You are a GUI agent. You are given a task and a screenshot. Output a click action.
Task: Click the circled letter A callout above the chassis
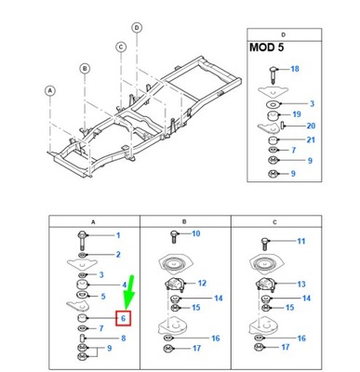tap(50, 90)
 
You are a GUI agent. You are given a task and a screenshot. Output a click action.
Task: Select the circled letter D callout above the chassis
tap(138, 28)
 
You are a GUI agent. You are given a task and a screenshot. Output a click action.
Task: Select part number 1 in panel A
tap(117, 235)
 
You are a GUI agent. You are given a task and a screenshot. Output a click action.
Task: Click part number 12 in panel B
tap(202, 282)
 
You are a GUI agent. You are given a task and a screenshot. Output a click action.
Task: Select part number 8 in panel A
tap(122, 339)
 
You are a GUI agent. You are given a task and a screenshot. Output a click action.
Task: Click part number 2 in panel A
tap(117, 254)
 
